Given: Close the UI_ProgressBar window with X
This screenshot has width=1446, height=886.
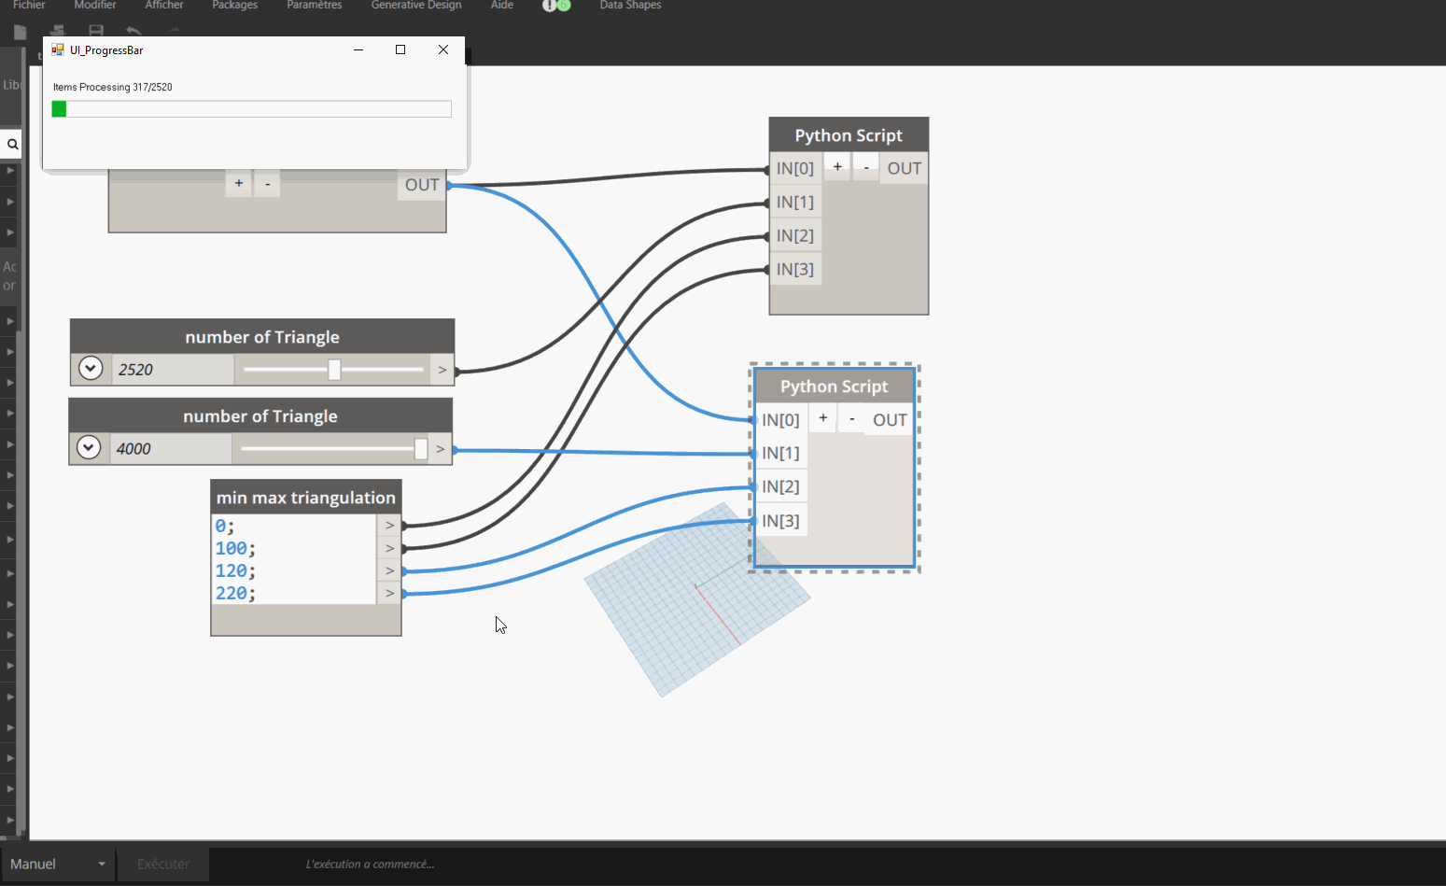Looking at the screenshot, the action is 443,49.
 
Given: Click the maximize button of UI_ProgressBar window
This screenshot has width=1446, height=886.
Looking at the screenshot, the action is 400,49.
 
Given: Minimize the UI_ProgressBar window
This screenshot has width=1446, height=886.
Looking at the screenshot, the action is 358,49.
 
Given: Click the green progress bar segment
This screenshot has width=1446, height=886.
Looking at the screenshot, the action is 59,109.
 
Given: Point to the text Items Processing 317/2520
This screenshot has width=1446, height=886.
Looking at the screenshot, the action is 113,87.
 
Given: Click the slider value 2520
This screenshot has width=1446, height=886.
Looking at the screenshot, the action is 136,370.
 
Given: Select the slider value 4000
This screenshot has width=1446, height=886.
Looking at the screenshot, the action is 134,449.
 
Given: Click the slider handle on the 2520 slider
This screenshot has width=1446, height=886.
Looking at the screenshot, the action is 334,370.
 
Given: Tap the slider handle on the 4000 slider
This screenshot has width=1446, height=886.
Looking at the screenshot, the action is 421,449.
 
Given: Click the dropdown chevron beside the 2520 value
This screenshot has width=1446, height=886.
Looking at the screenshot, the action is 91,369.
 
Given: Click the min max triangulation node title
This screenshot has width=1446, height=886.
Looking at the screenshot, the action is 306,498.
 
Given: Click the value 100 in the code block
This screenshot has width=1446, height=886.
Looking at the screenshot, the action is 232,548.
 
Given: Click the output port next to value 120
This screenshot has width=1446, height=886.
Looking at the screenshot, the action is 390,570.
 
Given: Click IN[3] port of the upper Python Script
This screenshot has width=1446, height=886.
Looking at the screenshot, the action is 795,269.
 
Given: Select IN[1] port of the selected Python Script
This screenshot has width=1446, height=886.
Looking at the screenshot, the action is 780,453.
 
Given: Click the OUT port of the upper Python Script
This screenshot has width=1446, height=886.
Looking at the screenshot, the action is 904,168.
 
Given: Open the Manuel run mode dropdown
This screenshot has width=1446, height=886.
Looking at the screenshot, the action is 59,865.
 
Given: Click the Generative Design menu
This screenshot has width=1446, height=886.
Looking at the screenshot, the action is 416,6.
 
